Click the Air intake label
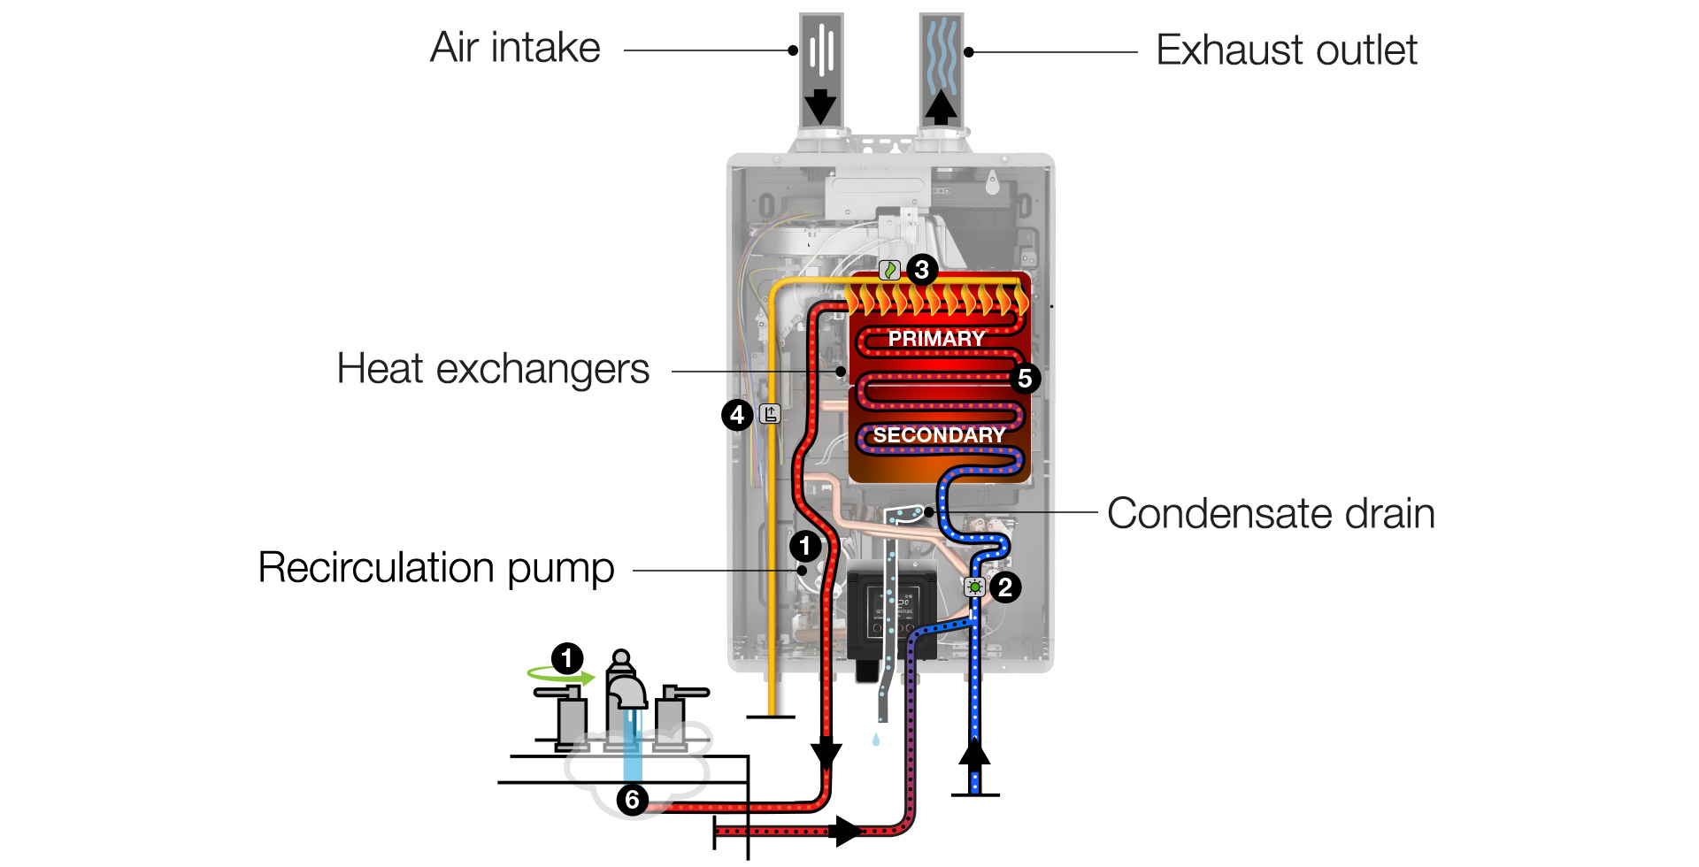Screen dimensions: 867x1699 [515, 48]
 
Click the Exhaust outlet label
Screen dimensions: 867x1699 [1286, 50]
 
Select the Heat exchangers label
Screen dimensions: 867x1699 [493, 369]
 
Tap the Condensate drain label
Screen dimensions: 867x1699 [1271, 514]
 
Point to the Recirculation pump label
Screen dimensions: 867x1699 [436, 568]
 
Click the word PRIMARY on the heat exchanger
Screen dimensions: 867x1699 [936, 339]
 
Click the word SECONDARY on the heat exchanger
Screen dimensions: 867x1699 [939, 435]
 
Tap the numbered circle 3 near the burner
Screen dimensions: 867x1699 [922, 269]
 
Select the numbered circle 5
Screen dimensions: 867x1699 [1025, 379]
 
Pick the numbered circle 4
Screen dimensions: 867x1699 [737, 414]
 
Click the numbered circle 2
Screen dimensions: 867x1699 [1005, 587]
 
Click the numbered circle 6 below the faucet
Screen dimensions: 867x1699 [632, 800]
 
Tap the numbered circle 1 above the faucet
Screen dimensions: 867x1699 [567, 658]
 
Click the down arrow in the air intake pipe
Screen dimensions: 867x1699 [820, 106]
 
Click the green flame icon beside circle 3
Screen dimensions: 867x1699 [890, 270]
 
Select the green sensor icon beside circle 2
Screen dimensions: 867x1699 [974, 587]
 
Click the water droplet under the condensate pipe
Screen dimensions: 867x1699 [876, 740]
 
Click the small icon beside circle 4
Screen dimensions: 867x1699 [771, 413]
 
